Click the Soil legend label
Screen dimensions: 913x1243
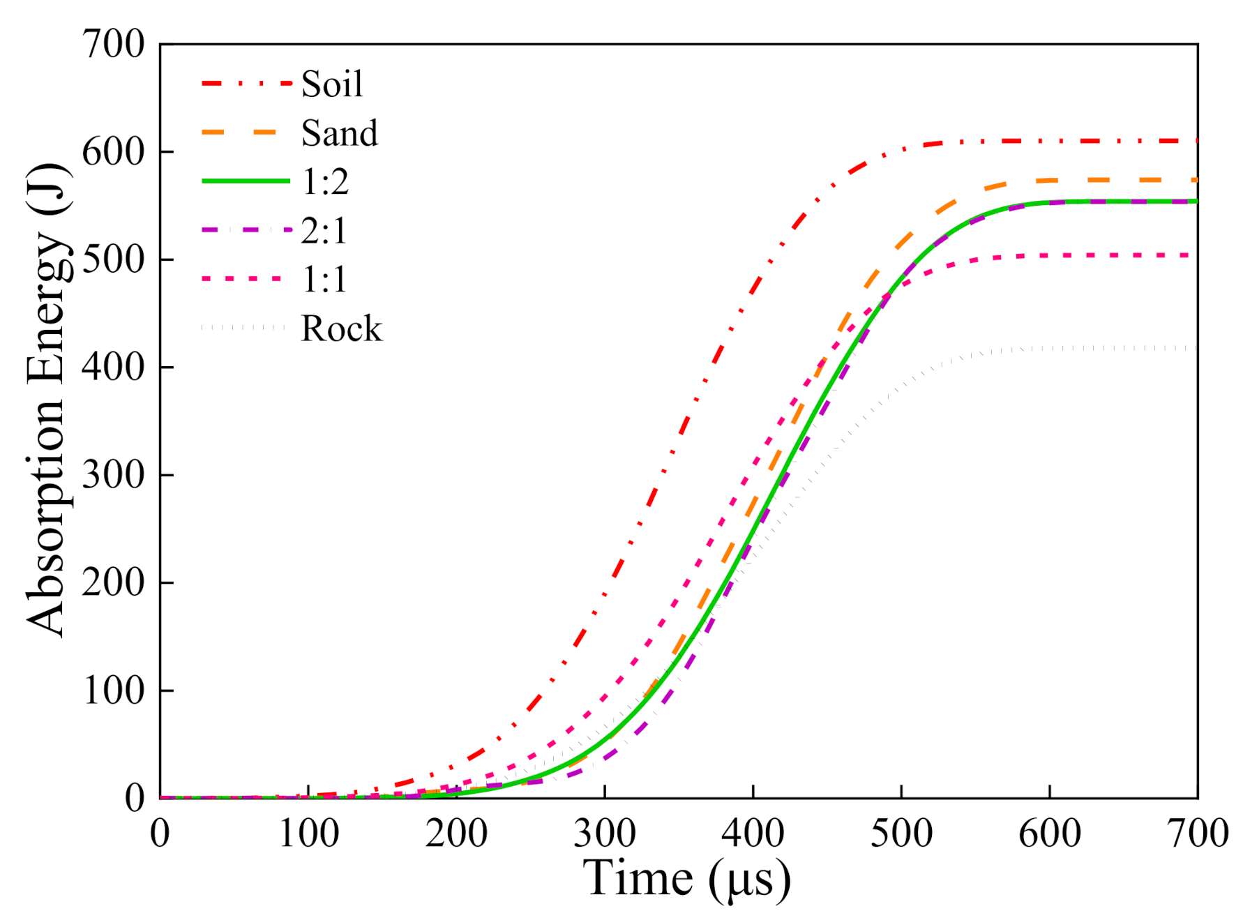click(x=332, y=84)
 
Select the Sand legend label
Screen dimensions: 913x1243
click(x=339, y=133)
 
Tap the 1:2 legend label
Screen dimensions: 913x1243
click(x=324, y=182)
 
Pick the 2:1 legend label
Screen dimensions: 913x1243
click(x=324, y=231)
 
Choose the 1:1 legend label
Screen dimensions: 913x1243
click(x=324, y=280)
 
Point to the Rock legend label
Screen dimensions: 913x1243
click(x=341, y=329)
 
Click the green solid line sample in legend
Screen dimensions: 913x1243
click(x=246, y=181)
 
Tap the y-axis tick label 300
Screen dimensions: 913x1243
click(x=113, y=475)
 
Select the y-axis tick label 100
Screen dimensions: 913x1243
click(x=113, y=691)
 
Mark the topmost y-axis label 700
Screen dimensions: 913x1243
click(x=113, y=45)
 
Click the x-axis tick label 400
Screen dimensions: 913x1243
click(x=753, y=833)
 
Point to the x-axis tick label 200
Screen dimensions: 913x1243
click(x=456, y=833)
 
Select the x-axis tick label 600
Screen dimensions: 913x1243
click(x=1049, y=833)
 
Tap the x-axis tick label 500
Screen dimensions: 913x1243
click(x=901, y=833)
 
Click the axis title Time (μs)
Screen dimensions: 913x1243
click(x=686, y=878)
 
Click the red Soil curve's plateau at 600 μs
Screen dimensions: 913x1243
click(x=1050, y=142)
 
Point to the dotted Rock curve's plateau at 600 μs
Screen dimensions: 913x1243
click(x=1050, y=347)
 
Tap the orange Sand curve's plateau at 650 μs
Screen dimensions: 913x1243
click(x=1124, y=180)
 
